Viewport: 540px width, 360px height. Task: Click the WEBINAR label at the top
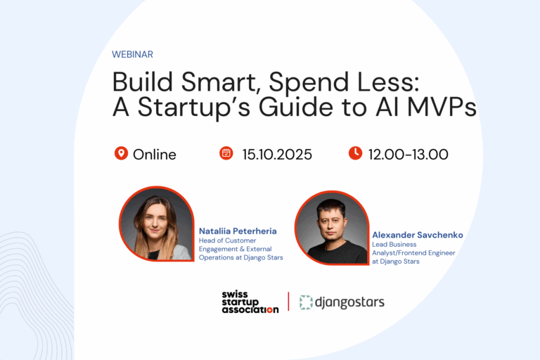tap(132, 54)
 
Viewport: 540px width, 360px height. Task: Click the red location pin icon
tap(121, 153)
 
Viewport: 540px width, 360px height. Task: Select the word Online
tap(154, 154)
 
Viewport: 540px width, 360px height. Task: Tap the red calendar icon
tap(226, 153)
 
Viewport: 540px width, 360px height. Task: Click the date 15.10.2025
tap(277, 154)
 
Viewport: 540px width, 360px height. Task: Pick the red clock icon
tap(355, 153)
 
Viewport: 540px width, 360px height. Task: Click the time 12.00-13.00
tap(408, 154)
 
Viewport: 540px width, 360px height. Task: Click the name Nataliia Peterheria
tap(238, 231)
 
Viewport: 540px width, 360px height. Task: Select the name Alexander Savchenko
tap(417, 235)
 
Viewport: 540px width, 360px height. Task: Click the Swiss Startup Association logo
tap(250, 302)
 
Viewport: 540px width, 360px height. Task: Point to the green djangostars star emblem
tap(306, 302)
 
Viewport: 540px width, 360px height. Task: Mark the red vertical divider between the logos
tap(288, 302)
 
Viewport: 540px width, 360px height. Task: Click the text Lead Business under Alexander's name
tap(394, 245)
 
